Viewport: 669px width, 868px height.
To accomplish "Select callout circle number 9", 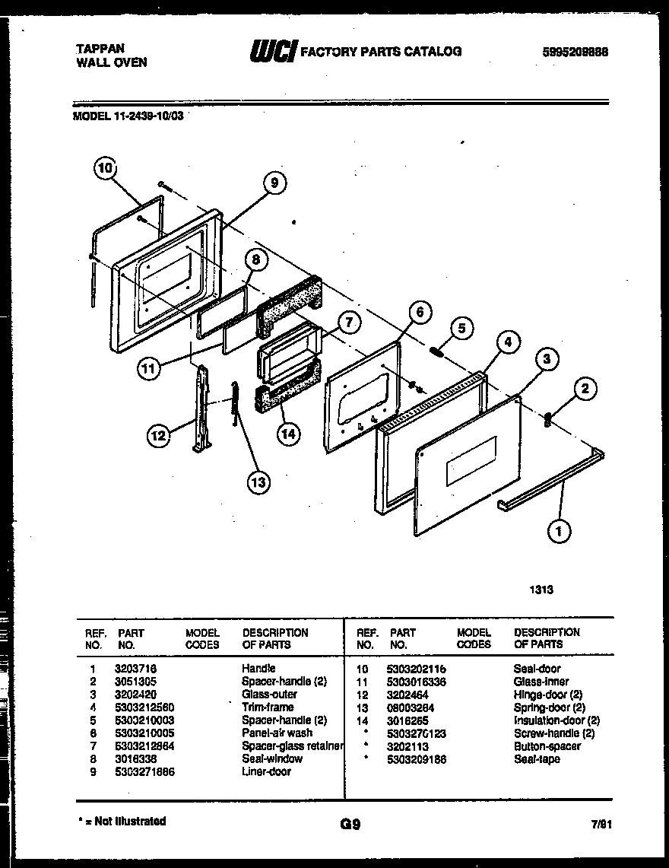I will coord(274,183).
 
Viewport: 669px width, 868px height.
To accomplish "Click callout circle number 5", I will coord(461,329).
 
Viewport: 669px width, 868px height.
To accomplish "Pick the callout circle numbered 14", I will coord(287,434).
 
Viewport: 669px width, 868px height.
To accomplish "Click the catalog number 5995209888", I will coord(575,52).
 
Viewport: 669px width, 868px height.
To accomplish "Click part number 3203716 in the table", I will coord(135,669).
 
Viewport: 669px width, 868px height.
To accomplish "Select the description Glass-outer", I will coord(269,694).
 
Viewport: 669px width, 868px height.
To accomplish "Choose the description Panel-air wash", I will coord(277,733).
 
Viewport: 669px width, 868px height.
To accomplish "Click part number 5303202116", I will coord(417,669).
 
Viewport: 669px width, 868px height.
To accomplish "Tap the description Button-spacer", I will coord(547,746).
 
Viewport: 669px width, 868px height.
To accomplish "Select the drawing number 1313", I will coord(541,589).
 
